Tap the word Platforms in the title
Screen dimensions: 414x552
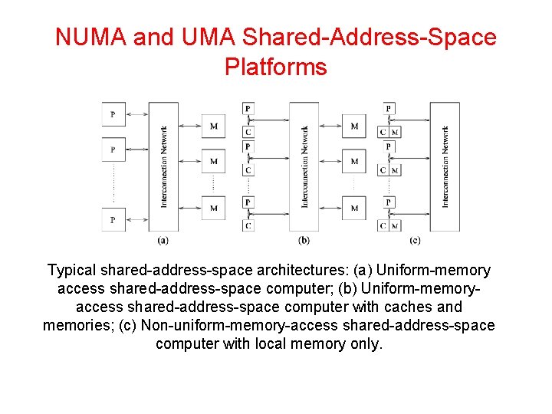point(276,67)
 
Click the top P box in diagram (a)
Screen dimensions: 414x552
point(113,114)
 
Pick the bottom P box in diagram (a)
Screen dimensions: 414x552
point(113,219)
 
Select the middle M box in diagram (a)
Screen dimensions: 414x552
point(213,162)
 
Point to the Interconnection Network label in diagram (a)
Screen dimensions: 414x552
point(164,166)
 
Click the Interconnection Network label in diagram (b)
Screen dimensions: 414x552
point(304,166)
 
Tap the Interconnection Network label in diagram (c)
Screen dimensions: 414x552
point(445,166)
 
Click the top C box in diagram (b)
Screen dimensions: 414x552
point(248,132)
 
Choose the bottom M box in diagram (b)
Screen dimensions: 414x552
point(353,208)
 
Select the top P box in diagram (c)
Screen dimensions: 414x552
point(389,109)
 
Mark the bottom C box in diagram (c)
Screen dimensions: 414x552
point(383,226)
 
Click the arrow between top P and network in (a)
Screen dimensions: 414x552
point(136,114)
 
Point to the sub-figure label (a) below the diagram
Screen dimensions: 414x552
point(163,240)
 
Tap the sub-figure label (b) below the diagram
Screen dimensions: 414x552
point(304,240)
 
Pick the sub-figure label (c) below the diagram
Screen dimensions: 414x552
point(415,240)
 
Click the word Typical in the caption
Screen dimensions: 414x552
point(72,270)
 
